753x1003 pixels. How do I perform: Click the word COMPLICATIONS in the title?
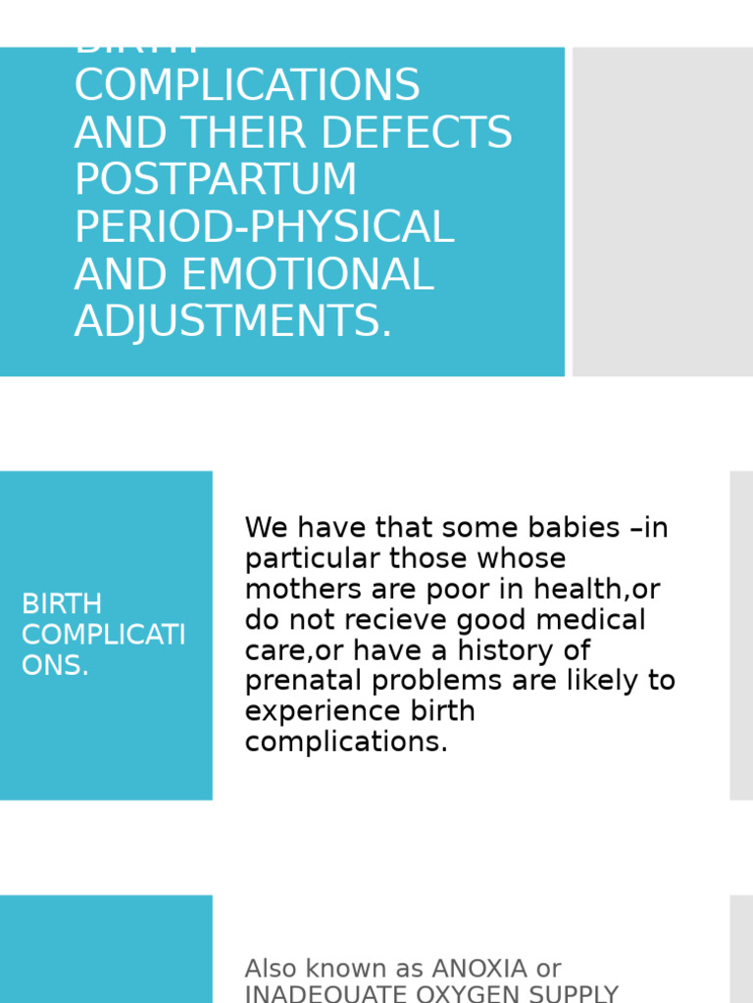pos(247,86)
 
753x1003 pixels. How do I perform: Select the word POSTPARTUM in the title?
pos(216,180)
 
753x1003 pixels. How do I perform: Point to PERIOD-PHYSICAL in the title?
pos(265,227)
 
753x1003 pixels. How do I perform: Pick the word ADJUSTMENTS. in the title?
pos(233,322)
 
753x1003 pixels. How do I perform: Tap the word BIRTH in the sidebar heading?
pos(62,604)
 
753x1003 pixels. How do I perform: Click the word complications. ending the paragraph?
pos(346,742)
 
